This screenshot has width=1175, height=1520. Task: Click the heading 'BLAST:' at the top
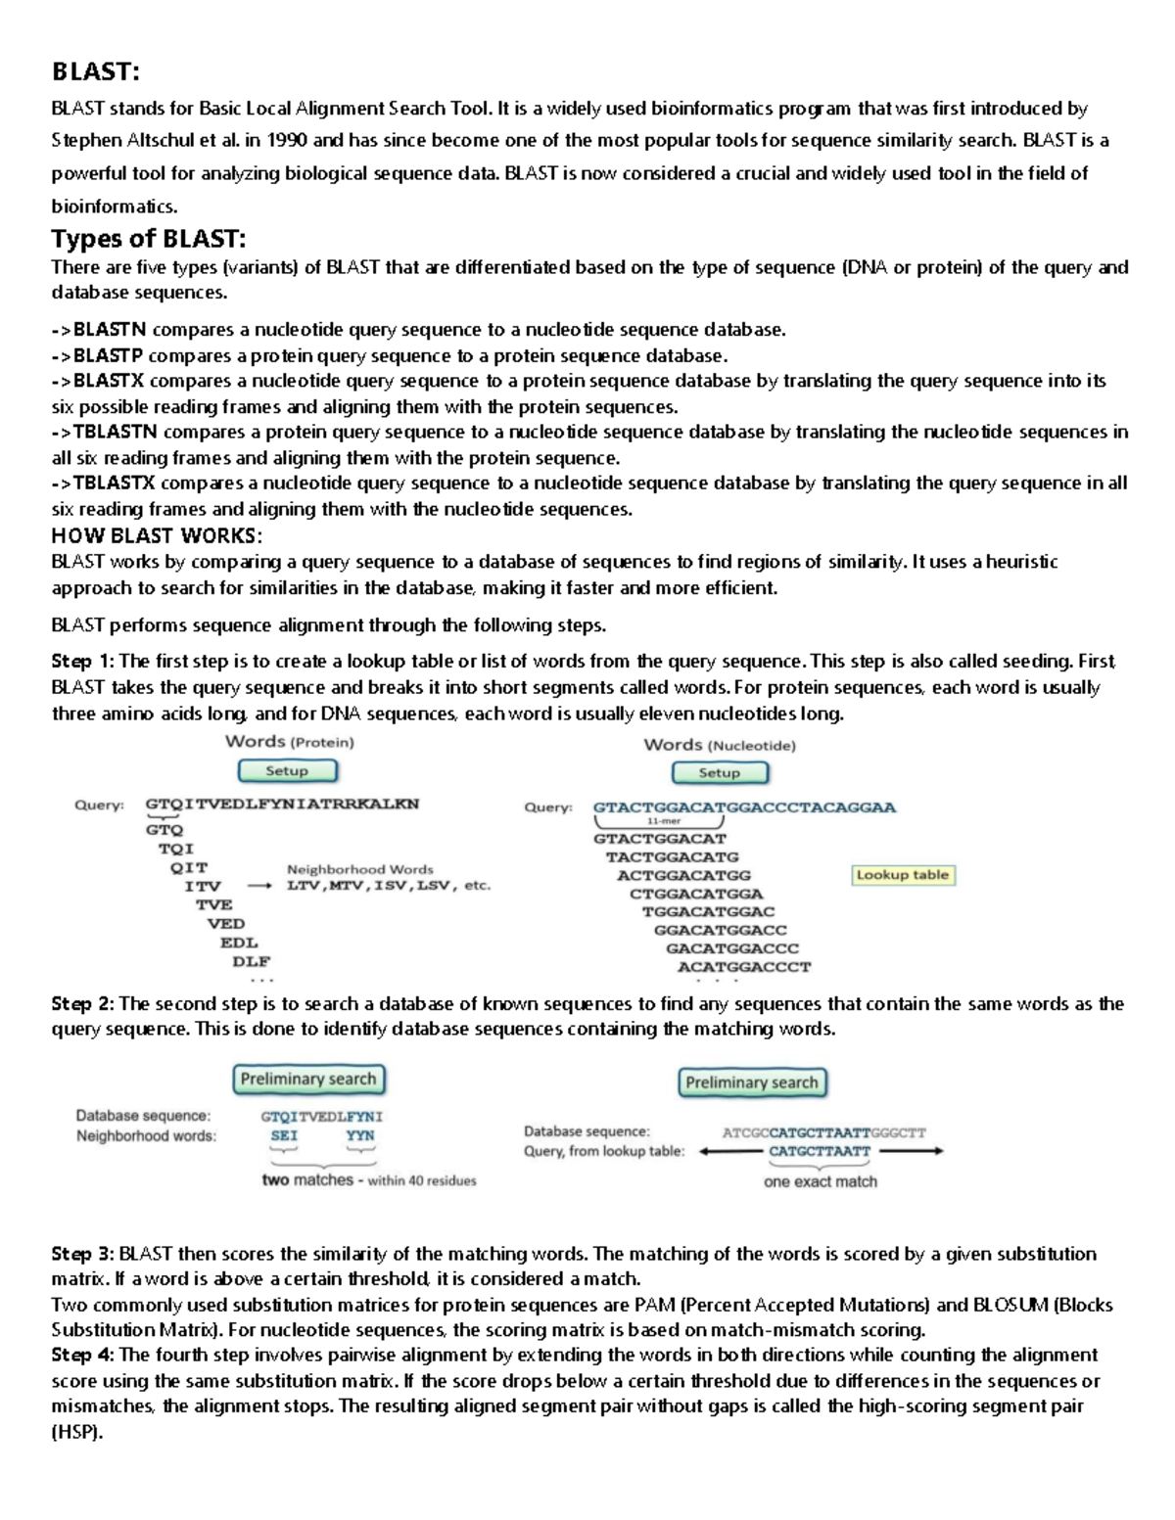[95, 71]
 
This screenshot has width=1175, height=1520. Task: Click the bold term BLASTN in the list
[110, 330]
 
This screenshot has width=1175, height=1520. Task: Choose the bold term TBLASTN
[115, 432]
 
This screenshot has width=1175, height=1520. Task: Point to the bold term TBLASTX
[115, 483]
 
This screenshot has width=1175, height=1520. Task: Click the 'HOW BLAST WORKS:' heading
[157, 535]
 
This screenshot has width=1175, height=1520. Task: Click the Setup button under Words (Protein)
[287, 771]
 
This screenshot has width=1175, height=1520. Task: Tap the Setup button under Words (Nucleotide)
[720, 773]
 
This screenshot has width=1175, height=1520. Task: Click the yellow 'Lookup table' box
[902, 875]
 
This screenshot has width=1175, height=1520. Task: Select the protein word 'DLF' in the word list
[251, 961]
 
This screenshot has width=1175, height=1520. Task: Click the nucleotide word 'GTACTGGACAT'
[660, 839]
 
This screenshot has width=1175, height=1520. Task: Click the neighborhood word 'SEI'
[284, 1135]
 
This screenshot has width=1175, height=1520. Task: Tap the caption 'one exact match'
[821, 1181]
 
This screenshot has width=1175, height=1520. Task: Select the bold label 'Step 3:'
[83, 1254]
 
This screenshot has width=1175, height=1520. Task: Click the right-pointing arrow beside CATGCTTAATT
[911, 1152]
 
